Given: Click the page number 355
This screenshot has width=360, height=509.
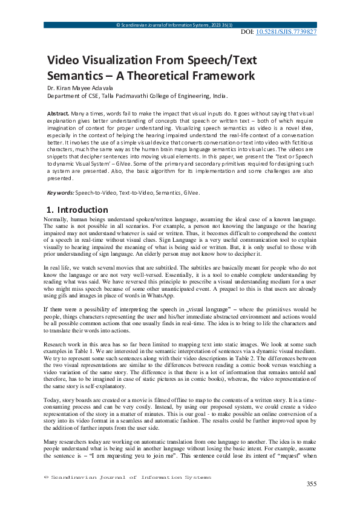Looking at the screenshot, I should click(312, 484).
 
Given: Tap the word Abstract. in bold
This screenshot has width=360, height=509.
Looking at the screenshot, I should click(57, 114).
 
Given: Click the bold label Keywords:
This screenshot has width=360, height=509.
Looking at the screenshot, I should click(61, 193).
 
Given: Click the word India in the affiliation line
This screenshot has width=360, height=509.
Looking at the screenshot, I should click(221, 96).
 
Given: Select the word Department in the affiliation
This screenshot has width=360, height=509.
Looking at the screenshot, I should click(66, 96).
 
